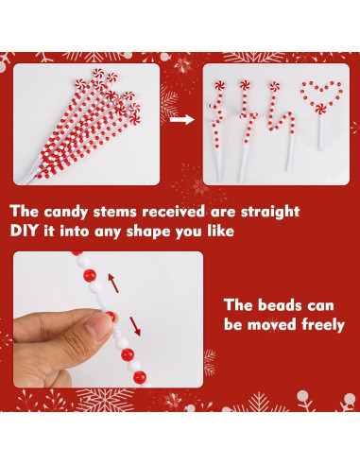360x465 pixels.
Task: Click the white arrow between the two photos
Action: [182, 119]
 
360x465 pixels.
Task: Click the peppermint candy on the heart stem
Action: [321, 109]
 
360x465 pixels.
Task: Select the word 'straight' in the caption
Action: [270, 212]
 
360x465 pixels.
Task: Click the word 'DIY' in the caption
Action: [24, 231]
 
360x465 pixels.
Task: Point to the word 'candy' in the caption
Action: [65, 212]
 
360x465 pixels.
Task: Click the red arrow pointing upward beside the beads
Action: [113, 283]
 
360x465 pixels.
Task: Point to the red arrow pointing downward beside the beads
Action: [135, 326]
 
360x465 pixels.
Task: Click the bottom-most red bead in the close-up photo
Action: [140, 377]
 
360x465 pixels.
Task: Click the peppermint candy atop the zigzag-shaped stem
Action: [274, 86]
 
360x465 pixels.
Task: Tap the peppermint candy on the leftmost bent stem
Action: [219, 85]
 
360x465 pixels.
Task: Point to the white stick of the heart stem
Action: [320, 132]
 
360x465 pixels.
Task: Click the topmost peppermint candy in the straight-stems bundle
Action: [98, 74]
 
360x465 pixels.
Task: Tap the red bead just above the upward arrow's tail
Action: [90, 275]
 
